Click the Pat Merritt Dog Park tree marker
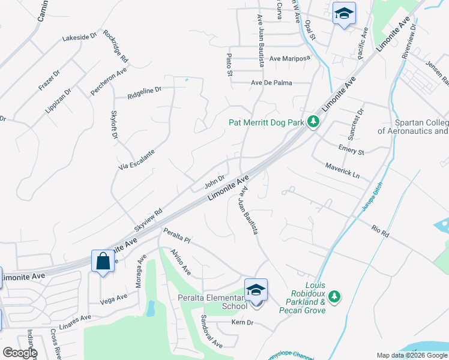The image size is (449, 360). pos(313,122)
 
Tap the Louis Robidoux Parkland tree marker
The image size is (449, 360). pos(335,296)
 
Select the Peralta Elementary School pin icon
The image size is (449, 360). pos(256,291)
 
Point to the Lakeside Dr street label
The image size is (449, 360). pos(79,37)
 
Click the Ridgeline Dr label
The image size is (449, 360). pos(144,92)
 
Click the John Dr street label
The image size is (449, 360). pos(214,179)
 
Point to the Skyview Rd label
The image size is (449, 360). pos(148,220)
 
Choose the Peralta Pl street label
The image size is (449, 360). pos(176,235)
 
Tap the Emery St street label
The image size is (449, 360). pos(351,149)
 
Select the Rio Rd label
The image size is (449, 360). pos(381,231)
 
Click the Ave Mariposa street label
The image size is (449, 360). pos(289,58)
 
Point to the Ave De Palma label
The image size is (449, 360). pos(271,83)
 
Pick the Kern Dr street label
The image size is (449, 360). pos(243,323)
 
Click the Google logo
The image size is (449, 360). pos(20,353)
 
